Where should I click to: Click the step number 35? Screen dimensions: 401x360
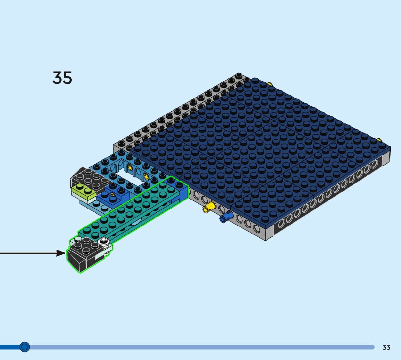coord(62,78)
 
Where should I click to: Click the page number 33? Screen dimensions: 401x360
coord(386,347)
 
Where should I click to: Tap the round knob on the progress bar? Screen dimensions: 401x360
coord(25,347)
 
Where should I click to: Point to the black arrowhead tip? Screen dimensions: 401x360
coord(66,253)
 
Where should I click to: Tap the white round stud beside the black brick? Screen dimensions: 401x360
coord(104,240)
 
